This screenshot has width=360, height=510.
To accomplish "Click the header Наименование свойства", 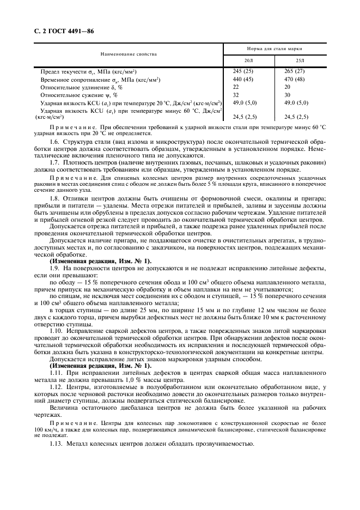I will (x=129, y=54).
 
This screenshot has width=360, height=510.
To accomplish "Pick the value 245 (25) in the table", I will (x=243, y=71).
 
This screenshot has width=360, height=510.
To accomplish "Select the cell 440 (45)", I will (x=243, y=79).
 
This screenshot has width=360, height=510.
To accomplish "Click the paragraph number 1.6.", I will (x=54, y=142).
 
